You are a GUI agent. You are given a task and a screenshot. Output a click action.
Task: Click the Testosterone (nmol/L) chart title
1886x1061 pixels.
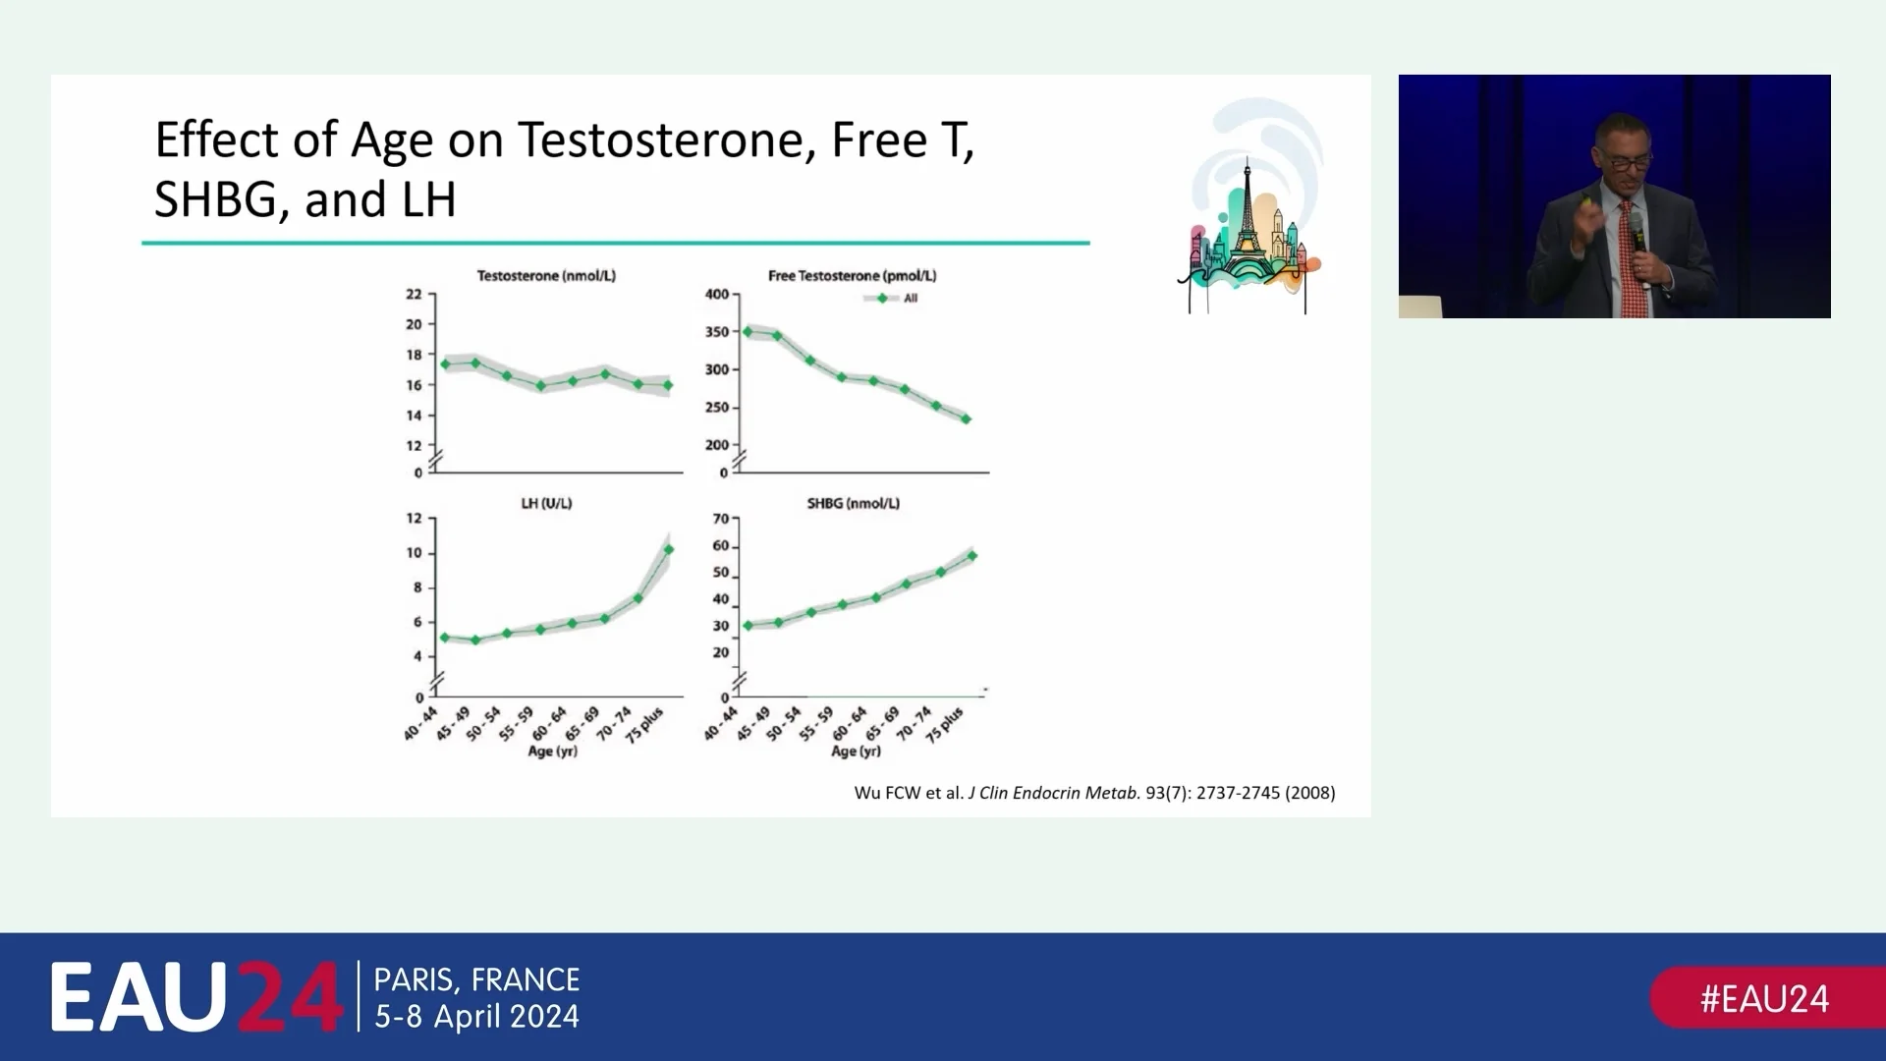(x=546, y=276)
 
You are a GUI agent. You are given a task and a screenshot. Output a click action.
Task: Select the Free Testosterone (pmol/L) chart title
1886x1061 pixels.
(x=852, y=276)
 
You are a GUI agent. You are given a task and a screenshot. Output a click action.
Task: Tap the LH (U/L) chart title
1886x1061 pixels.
(x=546, y=503)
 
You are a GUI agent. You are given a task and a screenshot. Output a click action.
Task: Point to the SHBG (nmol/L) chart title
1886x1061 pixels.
(x=853, y=503)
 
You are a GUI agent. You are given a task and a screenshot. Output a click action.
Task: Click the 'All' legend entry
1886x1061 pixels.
(x=910, y=299)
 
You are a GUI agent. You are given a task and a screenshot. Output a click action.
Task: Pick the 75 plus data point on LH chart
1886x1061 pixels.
(x=669, y=550)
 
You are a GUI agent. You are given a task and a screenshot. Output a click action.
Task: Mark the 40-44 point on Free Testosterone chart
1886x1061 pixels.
(x=748, y=332)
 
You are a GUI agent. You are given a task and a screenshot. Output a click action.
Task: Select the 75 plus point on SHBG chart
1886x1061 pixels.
(x=972, y=556)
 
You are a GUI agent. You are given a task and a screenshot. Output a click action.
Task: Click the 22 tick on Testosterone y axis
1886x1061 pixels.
(x=415, y=294)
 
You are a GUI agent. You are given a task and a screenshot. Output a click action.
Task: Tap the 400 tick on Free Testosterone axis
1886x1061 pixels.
(x=717, y=294)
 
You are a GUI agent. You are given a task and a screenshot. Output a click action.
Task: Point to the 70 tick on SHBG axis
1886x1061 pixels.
(x=721, y=519)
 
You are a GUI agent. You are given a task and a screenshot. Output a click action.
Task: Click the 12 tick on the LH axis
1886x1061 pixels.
(x=415, y=519)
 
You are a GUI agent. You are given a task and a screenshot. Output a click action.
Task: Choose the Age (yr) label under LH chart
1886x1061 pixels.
(x=553, y=752)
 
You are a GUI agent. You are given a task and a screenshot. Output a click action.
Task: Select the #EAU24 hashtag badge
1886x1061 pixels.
(x=1764, y=999)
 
